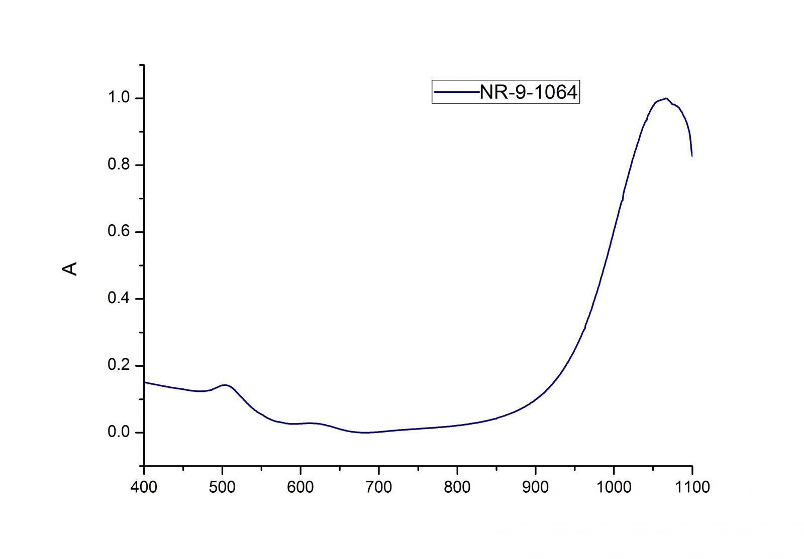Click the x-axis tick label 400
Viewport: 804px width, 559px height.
[144, 487]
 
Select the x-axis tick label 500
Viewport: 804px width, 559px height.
[222, 487]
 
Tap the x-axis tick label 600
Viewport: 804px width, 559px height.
[300, 487]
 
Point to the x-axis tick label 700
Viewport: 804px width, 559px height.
[379, 487]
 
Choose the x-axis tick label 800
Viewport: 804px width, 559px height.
[457, 487]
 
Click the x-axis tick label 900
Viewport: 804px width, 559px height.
[536, 487]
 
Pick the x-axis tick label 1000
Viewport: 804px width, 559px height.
[614, 487]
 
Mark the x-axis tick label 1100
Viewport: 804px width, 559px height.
[692, 487]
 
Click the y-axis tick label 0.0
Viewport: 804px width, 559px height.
[119, 432]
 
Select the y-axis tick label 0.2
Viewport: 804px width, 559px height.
[119, 365]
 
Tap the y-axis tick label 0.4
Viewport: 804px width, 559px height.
[119, 299]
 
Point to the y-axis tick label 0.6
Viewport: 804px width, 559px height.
[119, 232]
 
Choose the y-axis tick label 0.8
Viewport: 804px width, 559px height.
[119, 165]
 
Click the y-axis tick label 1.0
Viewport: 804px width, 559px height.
[119, 98]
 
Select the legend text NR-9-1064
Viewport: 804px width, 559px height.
[529, 92]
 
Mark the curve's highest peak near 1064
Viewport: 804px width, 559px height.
[666, 98]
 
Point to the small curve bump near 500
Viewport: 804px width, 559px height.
[225, 385]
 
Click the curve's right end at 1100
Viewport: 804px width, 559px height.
[692, 156]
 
